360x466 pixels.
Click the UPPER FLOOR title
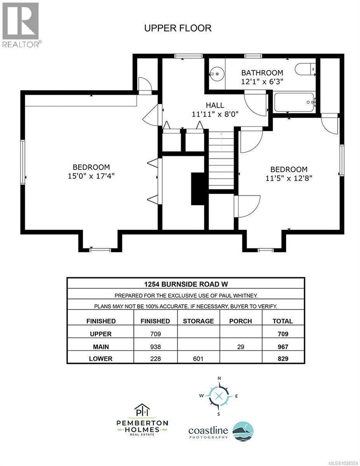(x=177, y=28)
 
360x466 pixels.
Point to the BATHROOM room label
(x=262, y=73)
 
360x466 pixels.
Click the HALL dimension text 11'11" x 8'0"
(x=215, y=114)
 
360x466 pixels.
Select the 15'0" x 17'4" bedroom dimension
(x=91, y=176)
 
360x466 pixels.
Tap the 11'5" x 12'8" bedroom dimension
(x=289, y=178)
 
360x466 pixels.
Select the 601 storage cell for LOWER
(x=198, y=359)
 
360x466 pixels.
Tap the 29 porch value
(x=241, y=346)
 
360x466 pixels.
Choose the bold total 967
(x=283, y=346)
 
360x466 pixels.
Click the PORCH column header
(x=241, y=321)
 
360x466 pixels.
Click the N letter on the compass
(x=219, y=378)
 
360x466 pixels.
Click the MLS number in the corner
(x=342, y=462)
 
